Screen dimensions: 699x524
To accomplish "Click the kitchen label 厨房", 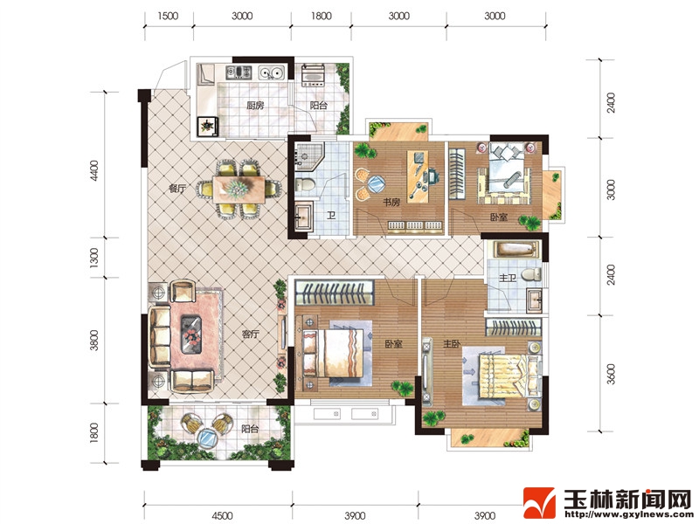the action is point(255,106).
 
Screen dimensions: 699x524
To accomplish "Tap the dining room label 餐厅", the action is point(177,189).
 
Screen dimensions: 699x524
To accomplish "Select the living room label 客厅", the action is point(251,334).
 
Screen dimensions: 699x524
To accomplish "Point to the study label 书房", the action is point(391,203).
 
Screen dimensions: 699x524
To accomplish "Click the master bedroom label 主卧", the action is point(452,343).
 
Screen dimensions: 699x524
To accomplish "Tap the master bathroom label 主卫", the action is point(508,278).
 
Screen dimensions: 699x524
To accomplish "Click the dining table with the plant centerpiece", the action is point(239,190).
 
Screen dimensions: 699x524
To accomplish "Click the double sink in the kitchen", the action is point(272,72).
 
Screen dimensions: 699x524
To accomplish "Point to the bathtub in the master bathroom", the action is point(515,249).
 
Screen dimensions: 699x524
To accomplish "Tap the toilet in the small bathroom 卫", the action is point(305,184).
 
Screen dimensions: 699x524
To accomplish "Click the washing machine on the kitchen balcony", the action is point(314,75).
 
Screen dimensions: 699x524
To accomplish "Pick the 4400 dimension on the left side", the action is point(93,170).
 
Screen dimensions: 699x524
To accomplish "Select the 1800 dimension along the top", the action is point(322,16).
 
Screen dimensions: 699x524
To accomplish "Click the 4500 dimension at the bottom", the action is point(222,515).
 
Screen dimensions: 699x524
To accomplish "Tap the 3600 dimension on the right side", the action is point(611,374).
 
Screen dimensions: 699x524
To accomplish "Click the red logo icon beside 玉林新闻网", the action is point(539,504).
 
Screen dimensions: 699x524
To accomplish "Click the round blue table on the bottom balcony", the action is point(207,438).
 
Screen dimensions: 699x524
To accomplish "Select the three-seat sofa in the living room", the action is point(159,336).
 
